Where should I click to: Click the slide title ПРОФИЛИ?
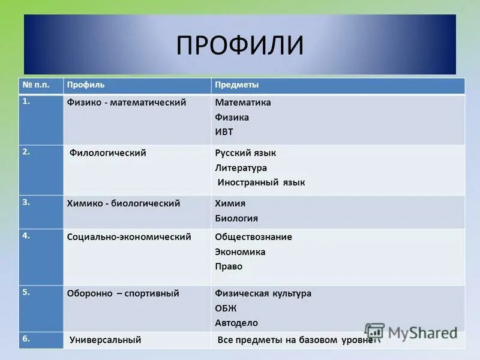tap(239, 46)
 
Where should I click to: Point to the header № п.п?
tap(35, 85)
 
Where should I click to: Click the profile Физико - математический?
tap(127, 103)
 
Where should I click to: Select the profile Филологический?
tap(108, 153)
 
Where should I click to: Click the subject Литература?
tap(241, 168)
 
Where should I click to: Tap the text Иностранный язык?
tap(261, 182)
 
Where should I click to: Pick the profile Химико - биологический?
tap(124, 203)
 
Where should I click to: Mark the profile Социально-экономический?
tap(129, 237)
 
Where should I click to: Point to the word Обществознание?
tap(253, 237)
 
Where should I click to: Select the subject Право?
tap(229, 266)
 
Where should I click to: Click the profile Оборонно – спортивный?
tap(123, 293)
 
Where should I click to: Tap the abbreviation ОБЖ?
tap(226, 308)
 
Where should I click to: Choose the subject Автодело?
tap(236, 323)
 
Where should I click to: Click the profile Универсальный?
tap(105, 340)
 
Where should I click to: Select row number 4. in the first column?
tap(26, 235)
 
